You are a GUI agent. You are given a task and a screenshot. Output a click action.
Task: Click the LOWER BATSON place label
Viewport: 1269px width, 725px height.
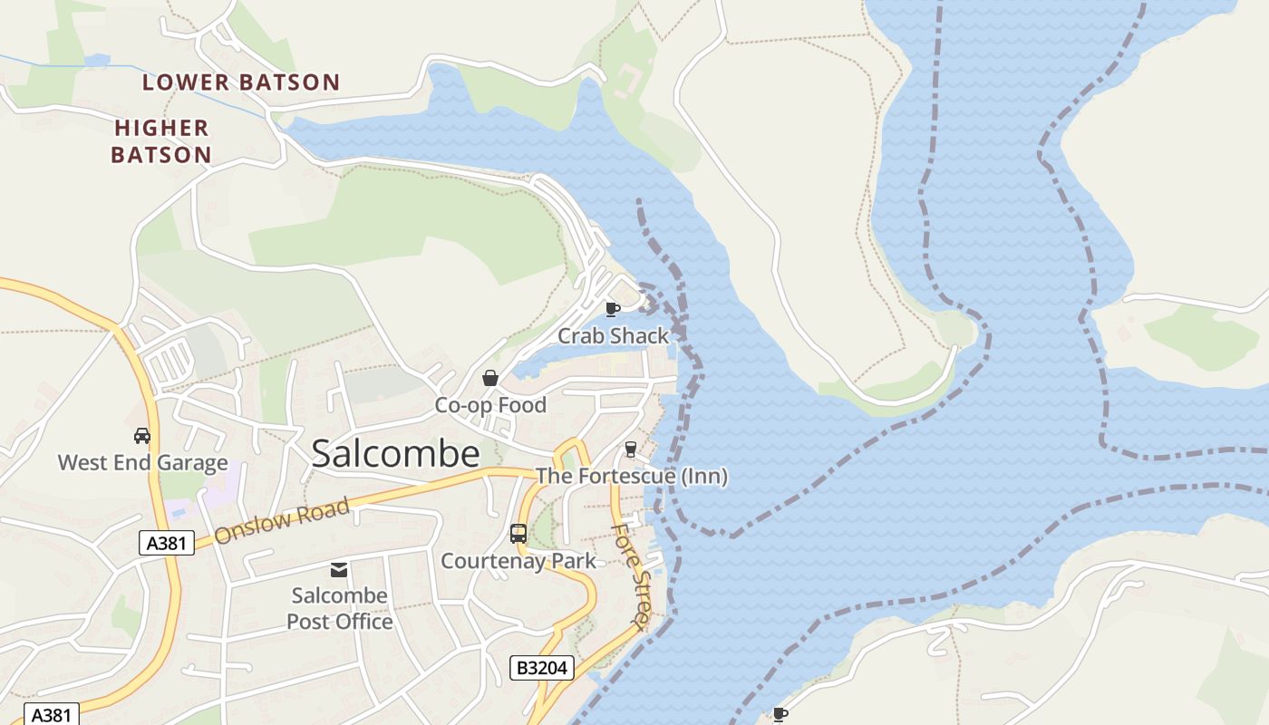(x=241, y=82)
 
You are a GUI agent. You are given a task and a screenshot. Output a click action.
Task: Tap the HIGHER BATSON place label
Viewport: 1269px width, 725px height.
(x=161, y=141)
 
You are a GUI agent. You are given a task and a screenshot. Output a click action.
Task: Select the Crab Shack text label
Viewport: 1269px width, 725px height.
(x=613, y=336)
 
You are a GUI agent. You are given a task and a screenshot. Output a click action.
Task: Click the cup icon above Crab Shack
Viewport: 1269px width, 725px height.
(x=613, y=309)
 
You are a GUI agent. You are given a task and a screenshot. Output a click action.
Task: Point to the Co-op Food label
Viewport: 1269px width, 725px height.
(x=490, y=405)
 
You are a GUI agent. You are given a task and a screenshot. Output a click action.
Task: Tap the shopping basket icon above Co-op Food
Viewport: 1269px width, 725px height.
(x=490, y=378)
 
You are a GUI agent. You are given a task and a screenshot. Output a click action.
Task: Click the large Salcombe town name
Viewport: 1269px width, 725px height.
(x=395, y=454)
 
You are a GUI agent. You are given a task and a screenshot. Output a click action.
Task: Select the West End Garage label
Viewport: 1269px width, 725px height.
(x=142, y=463)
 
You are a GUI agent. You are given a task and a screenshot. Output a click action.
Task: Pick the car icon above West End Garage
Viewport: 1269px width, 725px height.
(x=142, y=436)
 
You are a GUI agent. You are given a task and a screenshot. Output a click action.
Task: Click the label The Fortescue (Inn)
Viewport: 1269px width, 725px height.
(x=631, y=476)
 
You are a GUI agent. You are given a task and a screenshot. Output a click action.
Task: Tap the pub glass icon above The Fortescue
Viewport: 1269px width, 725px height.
(x=631, y=449)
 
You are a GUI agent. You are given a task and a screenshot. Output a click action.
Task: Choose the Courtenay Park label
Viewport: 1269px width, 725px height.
(x=518, y=561)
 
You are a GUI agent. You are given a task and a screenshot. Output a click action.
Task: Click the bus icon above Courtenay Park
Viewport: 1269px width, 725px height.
(x=518, y=534)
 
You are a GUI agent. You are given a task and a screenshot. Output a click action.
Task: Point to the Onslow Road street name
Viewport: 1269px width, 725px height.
(x=282, y=521)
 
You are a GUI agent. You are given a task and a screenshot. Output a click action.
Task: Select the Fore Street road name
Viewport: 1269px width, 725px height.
(x=630, y=575)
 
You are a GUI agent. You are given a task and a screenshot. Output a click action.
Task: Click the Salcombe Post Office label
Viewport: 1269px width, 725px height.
(x=340, y=608)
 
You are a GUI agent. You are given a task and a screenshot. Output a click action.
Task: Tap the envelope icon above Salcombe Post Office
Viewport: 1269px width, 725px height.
(x=339, y=569)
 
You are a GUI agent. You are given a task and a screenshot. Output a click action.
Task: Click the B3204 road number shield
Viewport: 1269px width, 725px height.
(x=542, y=669)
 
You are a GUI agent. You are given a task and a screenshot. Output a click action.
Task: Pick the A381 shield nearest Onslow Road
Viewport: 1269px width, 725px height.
(x=167, y=543)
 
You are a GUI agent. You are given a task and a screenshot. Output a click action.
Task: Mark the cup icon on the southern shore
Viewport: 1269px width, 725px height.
(x=780, y=715)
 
